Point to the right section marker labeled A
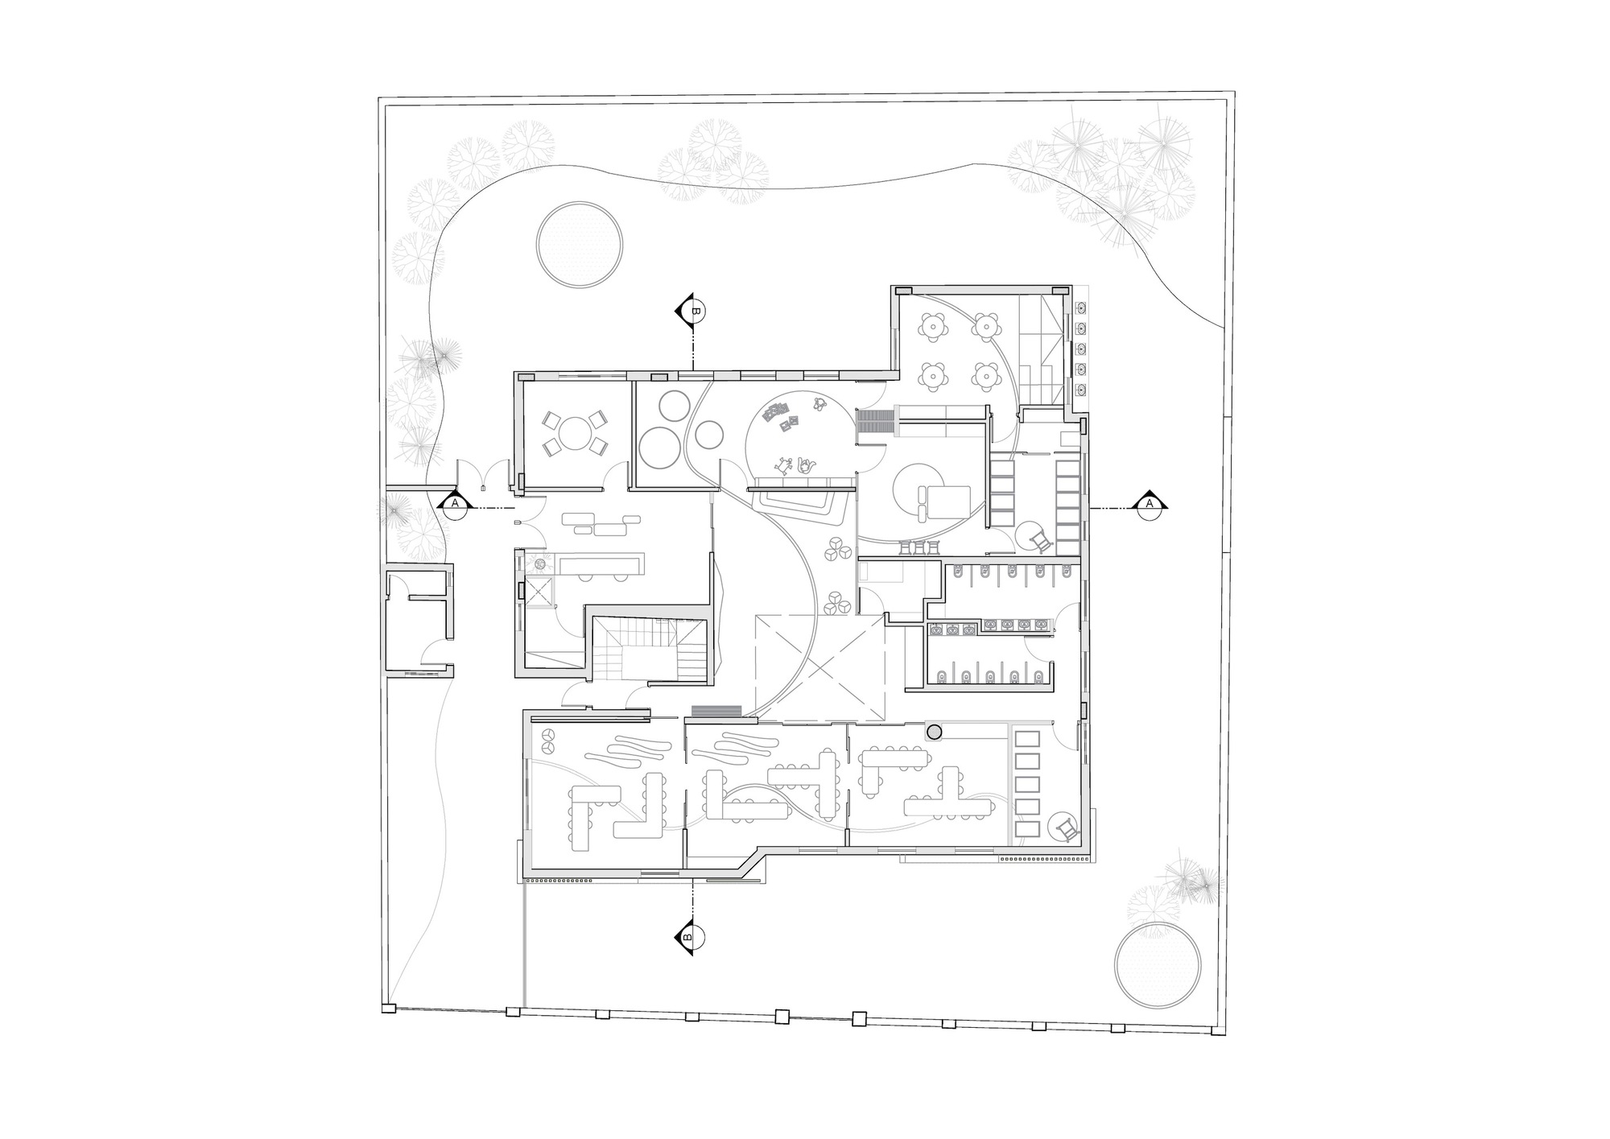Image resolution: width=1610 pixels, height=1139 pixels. click(1149, 503)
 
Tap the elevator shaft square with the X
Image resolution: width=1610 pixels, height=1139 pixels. click(538, 590)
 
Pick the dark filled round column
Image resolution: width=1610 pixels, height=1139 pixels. click(935, 732)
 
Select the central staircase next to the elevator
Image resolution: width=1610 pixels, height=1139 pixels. click(650, 650)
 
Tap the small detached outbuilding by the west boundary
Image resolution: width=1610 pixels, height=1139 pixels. click(417, 621)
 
